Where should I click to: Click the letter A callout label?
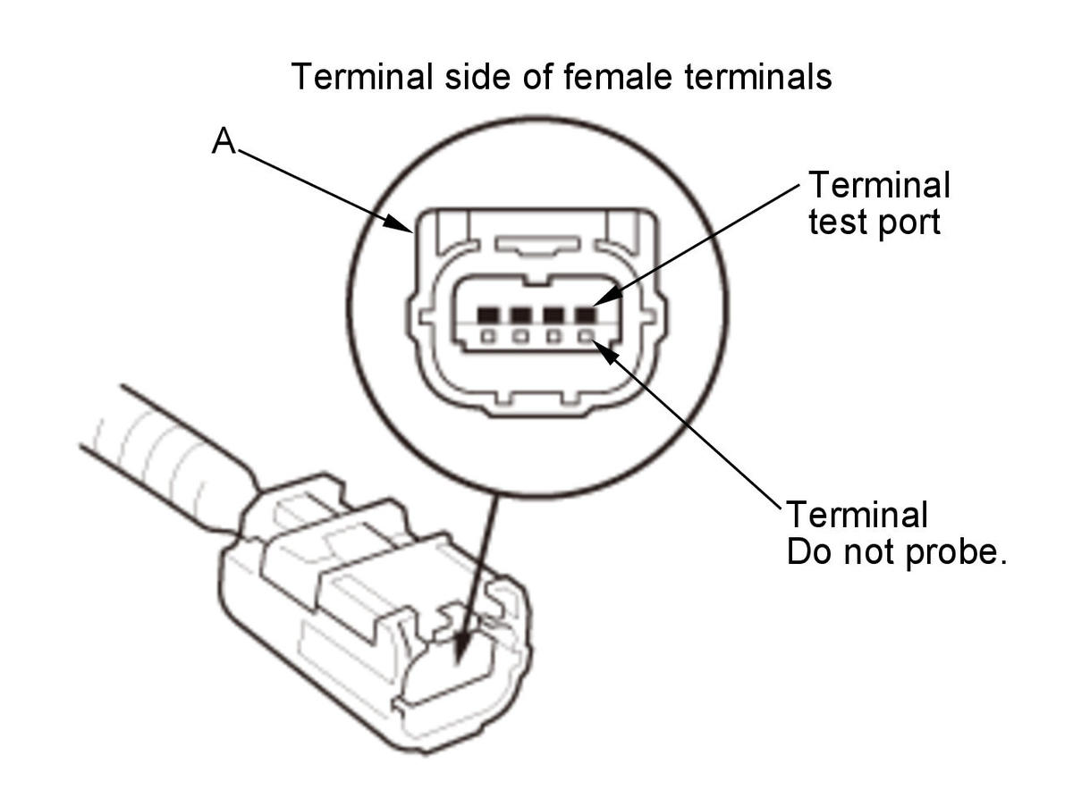coord(223,141)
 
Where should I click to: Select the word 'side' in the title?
coord(477,77)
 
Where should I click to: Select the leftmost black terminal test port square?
coord(487,315)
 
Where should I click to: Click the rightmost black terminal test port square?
coord(586,315)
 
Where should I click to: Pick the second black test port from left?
coord(520,315)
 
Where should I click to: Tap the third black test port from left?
coord(553,315)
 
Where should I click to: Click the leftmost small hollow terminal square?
coord(488,336)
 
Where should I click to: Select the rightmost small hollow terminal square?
coord(586,336)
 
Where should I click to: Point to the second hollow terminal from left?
coord(520,336)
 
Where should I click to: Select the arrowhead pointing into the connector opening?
coord(463,649)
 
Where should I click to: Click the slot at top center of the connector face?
coord(538,245)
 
